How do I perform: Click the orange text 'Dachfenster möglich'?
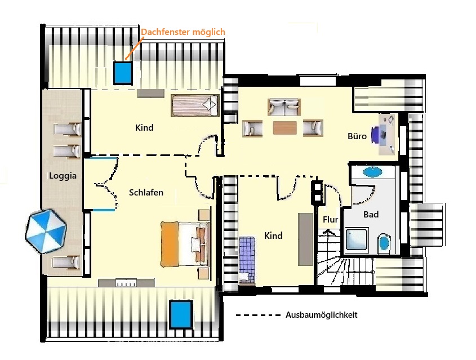(x=183, y=32)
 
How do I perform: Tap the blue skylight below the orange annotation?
(x=123, y=73)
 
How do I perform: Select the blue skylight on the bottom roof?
(x=181, y=314)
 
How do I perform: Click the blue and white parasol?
(x=46, y=231)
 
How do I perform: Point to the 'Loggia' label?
(x=63, y=176)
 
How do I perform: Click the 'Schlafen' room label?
(x=146, y=193)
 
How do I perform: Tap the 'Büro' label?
(x=357, y=136)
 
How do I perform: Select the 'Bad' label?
(x=371, y=214)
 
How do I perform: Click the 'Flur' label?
(x=330, y=219)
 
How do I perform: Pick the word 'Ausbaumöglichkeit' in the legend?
(x=322, y=315)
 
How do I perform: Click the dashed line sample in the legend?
(x=259, y=315)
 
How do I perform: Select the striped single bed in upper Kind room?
(x=195, y=105)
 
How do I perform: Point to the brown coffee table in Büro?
(x=284, y=128)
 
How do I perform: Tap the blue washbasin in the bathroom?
(x=373, y=172)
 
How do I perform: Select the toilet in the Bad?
(x=384, y=243)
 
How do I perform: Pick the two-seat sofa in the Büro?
(x=284, y=107)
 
